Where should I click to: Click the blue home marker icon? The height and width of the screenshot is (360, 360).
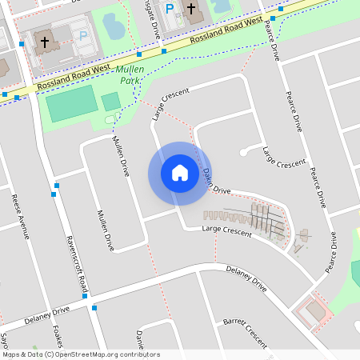click(180, 173)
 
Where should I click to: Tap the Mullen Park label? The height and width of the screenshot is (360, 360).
click(131, 75)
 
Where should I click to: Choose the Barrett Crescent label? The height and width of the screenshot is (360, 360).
click(245, 331)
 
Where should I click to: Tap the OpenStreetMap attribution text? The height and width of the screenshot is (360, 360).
click(81, 354)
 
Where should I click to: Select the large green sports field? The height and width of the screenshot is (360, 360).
click(70, 108)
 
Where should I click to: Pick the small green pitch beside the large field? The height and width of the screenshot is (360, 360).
click(110, 102)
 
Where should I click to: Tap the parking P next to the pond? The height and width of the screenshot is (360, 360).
click(83, 35)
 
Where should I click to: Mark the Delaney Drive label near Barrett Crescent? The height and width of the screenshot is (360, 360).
click(246, 277)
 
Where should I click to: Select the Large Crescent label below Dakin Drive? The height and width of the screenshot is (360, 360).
click(227, 230)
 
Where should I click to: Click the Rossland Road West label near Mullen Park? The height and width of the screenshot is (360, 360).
click(71, 79)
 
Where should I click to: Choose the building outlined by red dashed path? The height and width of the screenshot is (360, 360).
click(314, 310)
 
